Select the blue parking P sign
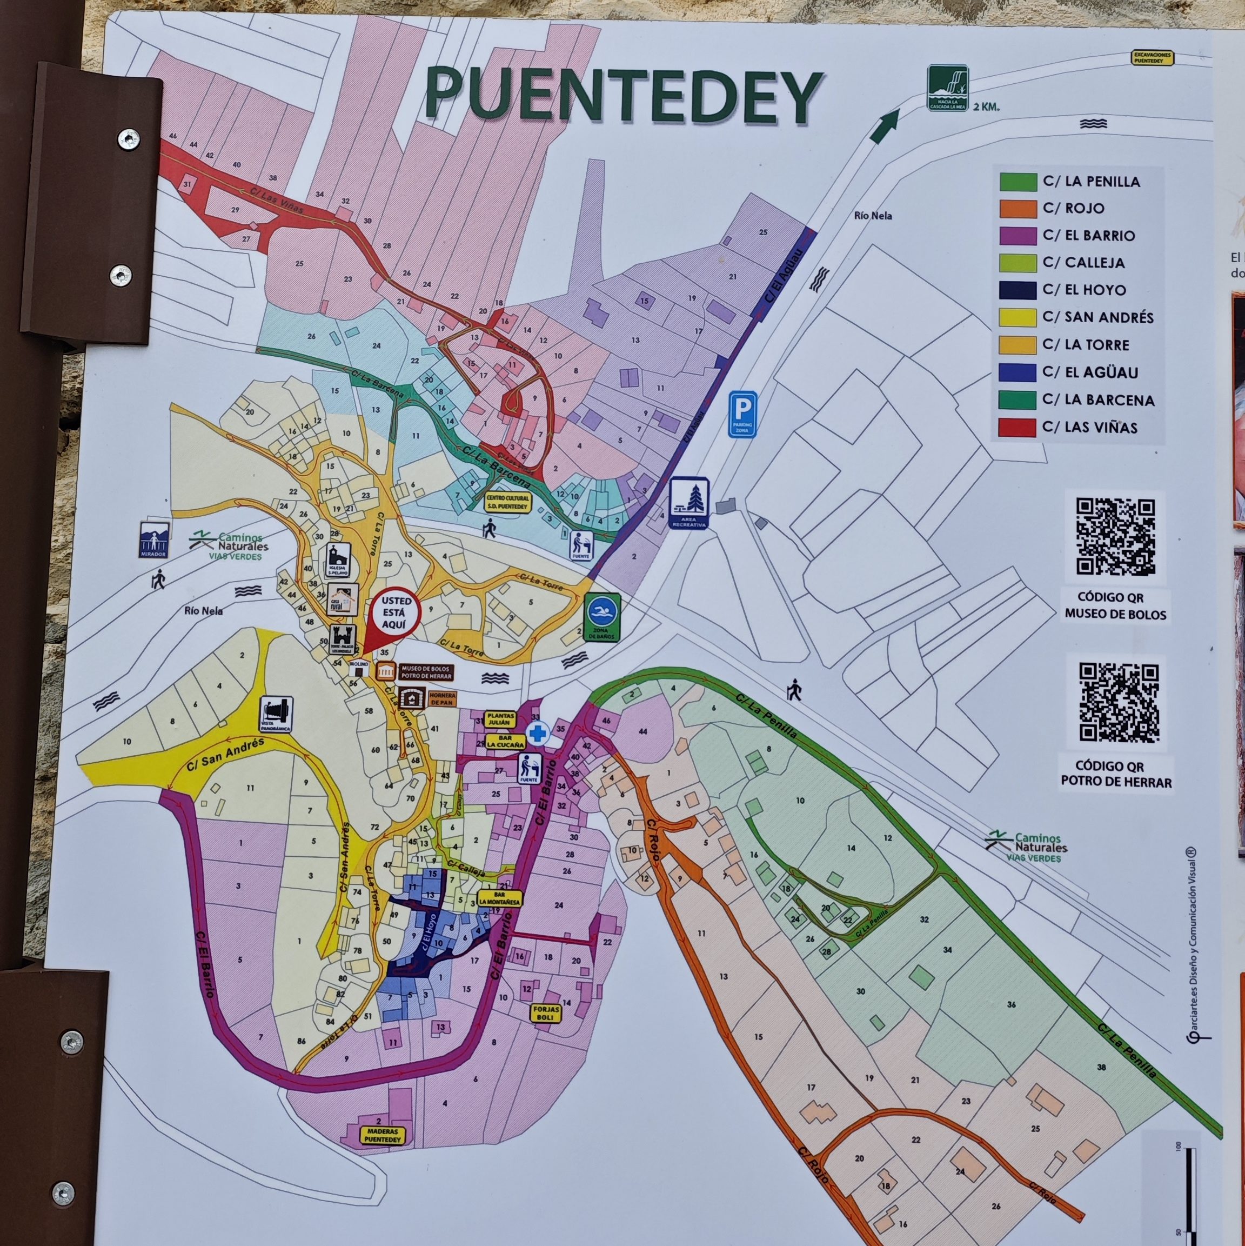point(743,414)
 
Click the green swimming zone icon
point(602,617)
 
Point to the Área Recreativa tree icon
point(689,503)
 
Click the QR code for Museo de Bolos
point(1115,537)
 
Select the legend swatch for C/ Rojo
point(1018,208)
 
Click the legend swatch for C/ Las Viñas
point(1017,428)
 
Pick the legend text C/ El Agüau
point(1090,372)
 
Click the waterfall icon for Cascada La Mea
point(948,88)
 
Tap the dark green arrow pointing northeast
point(884,126)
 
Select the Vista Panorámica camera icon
point(277,714)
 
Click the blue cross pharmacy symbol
point(538,734)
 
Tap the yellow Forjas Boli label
point(545,1012)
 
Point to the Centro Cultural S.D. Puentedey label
point(507,502)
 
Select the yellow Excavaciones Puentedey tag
point(1153,58)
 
